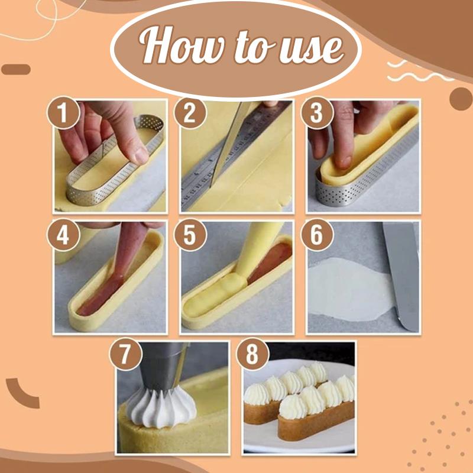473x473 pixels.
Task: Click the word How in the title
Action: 171,47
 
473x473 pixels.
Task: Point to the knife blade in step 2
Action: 225,142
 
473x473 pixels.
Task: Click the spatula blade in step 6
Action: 402,272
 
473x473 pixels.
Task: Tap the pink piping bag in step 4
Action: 121,254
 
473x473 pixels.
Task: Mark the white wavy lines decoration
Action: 414,71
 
